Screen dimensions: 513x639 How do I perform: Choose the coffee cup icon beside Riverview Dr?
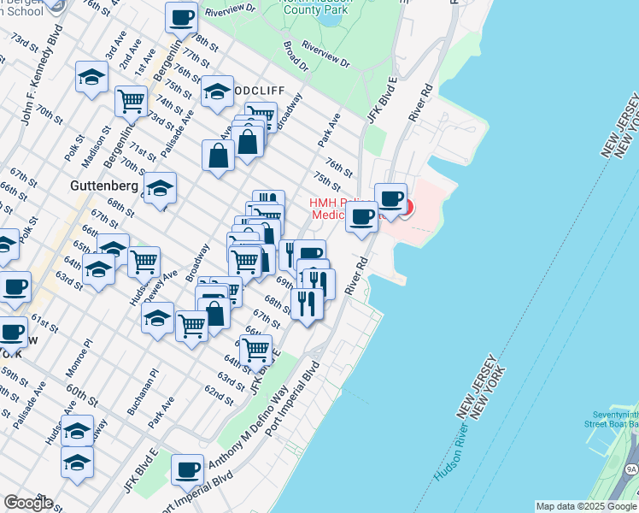[x=181, y=17]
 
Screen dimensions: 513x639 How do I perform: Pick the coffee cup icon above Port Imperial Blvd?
[x=187, y=469]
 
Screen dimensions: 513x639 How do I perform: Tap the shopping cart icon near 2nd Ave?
[x=132, y=101]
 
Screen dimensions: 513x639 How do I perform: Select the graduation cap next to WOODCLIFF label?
[x=217, y=91]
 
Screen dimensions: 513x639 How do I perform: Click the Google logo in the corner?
[x=28, y=503]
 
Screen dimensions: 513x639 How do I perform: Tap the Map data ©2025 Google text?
[x=586, y=506]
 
